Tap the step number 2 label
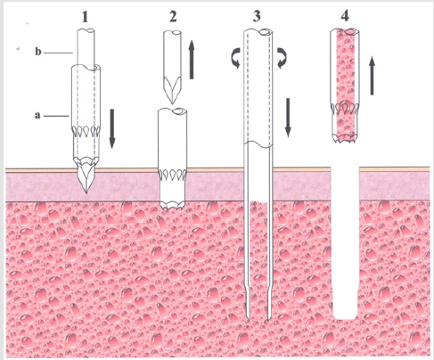pos(175,15)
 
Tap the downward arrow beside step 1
pos(113,127)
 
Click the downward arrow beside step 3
pos(287,119)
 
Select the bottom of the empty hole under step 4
pos(345,315)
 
